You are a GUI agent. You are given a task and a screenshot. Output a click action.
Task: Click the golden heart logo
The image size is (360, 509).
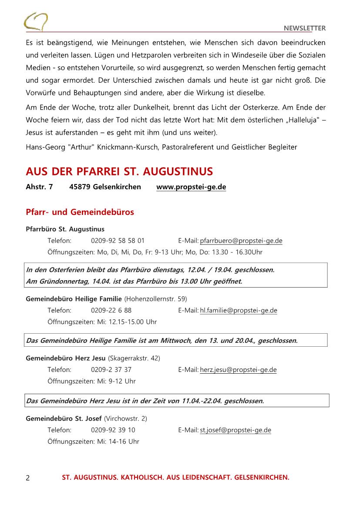(x=36, y=21)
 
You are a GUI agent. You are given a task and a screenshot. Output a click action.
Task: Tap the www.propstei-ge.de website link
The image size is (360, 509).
(x=191, y=187)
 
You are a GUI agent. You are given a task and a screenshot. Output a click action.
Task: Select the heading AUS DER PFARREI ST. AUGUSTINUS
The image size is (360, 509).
(x=119, y=171)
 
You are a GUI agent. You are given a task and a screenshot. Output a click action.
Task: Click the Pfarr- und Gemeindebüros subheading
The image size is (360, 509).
(x=80, y=212)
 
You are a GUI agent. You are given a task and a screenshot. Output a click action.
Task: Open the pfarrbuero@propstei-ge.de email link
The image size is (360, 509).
(x=241, y=241)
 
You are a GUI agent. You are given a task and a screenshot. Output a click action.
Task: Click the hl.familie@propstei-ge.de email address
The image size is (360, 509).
(x=239, y=310)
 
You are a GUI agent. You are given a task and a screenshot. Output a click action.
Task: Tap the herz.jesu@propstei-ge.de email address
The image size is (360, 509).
(x=238, y=370)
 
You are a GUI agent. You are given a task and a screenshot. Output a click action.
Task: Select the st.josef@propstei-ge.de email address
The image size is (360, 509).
(x=236, y=430)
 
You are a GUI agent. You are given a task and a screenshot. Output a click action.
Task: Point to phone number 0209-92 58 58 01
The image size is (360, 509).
(x=118, y=241)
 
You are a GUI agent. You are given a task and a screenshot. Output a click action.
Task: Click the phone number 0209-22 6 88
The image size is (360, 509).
(x=111, y=310)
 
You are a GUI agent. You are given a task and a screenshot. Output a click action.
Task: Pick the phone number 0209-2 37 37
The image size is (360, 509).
(x=111, y=370)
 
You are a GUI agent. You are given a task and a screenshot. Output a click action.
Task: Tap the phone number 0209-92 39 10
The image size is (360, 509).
(x=113, y=430)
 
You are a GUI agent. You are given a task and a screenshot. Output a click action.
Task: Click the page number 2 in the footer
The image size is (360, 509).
(x=28, y=478)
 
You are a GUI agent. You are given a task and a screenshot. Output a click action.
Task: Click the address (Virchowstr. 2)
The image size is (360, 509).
(x=125, y=418)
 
